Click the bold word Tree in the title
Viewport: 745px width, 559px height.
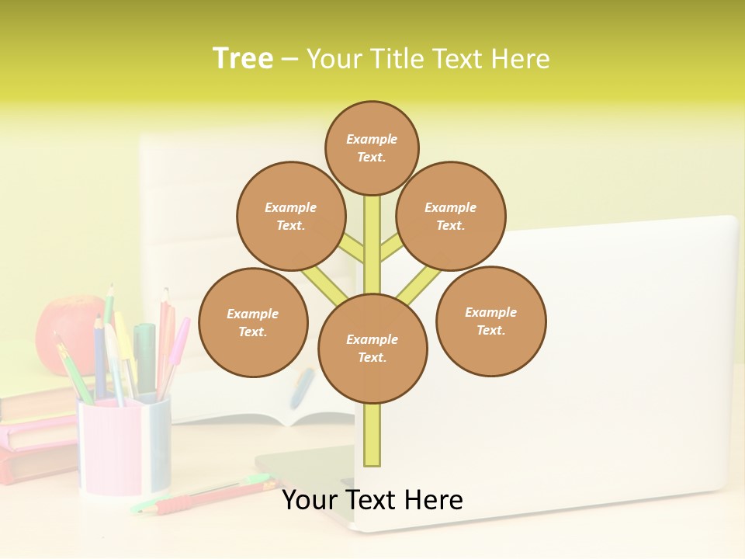point(243,58)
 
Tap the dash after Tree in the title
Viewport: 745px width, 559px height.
point(289,60)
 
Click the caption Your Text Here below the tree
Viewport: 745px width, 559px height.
point(372,500)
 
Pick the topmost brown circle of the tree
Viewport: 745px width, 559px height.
point(372,148)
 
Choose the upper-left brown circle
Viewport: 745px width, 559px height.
point(290,216)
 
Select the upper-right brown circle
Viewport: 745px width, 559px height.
point(451,216)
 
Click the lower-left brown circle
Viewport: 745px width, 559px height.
point(253,322)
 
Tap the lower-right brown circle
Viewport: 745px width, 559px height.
point(490,321)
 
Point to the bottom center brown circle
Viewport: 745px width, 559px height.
point(372,348)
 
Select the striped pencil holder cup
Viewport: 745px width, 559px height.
point(124,446)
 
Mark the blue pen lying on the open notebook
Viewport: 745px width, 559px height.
point(302,387)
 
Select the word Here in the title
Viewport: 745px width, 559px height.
point(520,59)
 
